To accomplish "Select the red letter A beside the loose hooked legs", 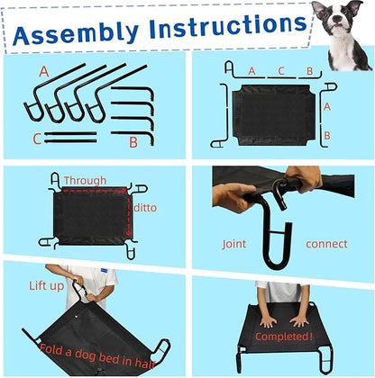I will (x=42, y=70).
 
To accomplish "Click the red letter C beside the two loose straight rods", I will (x=36, y=139).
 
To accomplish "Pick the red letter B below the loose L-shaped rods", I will (x=133, y=141).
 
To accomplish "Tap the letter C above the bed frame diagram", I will (x=280, y=70).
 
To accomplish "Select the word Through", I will (x=85, y=180).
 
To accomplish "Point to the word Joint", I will (x=234, y=243).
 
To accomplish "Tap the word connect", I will (x=326, y=243).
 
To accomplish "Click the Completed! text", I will (x=283, y=337).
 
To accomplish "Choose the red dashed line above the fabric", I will (x=95, y=190).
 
